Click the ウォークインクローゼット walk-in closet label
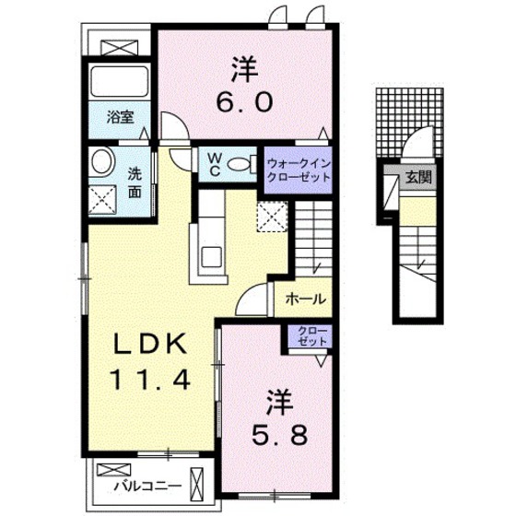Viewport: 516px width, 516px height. point(298,170)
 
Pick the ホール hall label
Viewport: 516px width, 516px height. point(299,299)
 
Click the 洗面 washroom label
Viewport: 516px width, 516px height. point(135,182)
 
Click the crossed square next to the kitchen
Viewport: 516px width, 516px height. point(271,217)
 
